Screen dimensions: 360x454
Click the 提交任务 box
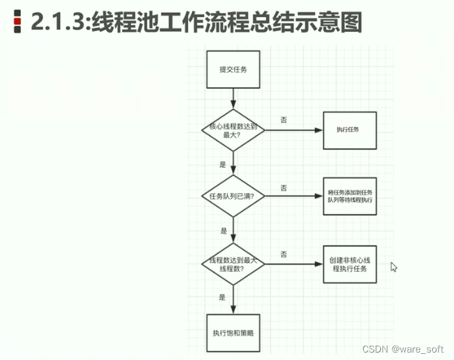232,69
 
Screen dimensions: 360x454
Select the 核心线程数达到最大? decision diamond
232,128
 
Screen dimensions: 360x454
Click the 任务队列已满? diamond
232,196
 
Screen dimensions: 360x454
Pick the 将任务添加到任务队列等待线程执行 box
349,196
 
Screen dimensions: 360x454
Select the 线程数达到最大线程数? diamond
232,264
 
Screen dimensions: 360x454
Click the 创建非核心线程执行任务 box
349,264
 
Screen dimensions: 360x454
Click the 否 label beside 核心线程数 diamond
283,120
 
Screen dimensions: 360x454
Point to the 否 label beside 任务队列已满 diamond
283,187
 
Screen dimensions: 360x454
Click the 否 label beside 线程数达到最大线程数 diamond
283,255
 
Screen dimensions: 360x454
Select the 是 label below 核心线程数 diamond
223,164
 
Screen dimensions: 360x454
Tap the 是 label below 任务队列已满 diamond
223,231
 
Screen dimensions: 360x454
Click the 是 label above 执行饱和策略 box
222,298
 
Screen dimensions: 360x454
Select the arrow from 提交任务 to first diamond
232,99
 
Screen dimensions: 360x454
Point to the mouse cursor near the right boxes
394,267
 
